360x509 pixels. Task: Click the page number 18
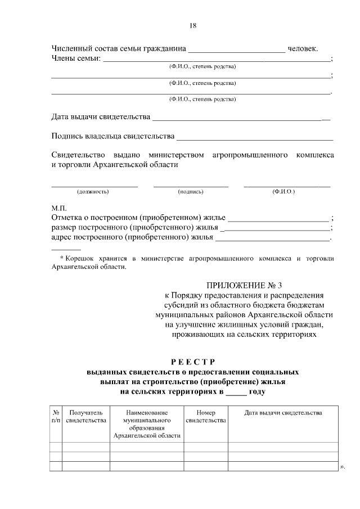[192, 25]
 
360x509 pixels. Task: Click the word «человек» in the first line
[305, 48]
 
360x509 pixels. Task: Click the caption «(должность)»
[93, 192]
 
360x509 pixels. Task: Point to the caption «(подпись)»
[190, 192]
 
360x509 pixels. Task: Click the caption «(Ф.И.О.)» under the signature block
[283, 192]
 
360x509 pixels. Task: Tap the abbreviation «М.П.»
[59, 208]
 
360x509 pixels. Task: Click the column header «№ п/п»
[56, 416]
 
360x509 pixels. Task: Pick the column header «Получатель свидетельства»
[85, 416]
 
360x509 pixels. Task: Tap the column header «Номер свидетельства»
[205, 416]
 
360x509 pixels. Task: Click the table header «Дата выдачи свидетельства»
[283, 413]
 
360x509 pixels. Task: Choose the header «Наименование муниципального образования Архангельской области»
[147, 424]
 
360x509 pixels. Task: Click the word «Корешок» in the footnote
[81, 259]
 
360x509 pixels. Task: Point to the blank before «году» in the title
[236, 392]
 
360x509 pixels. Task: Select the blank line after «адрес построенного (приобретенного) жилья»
[272, 240]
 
